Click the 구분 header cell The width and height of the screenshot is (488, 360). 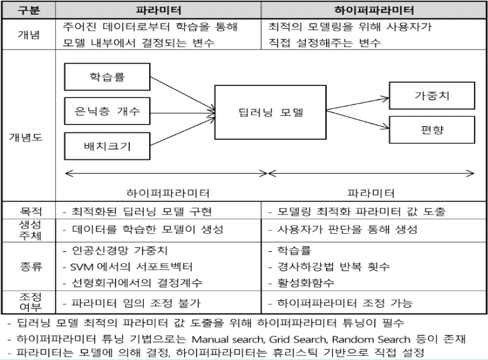(28, 10)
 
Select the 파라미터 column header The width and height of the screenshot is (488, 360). (159, 10)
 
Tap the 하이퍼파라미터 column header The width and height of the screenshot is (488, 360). (374, 10)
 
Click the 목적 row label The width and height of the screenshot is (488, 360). (28, 212)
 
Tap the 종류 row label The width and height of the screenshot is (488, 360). (28, 267)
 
